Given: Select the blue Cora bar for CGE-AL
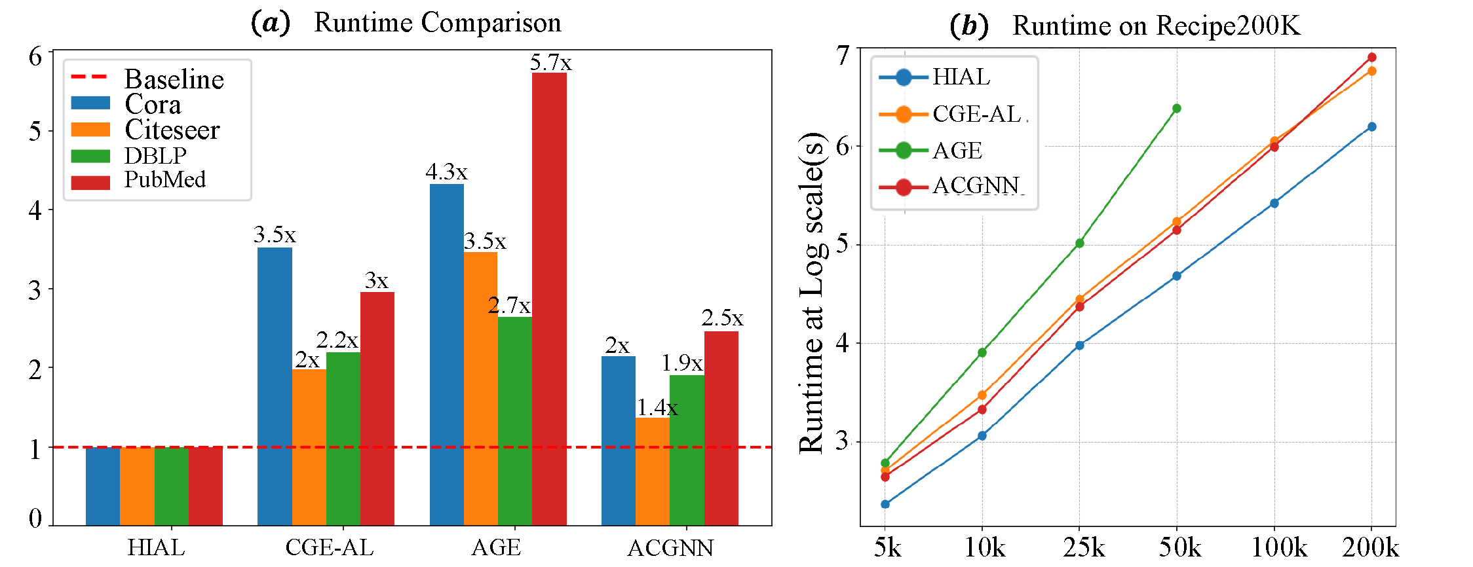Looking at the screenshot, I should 275,386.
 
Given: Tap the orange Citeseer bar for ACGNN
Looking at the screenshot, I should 653,471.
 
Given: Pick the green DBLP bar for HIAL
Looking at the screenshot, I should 172,486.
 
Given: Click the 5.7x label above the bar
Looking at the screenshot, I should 550,63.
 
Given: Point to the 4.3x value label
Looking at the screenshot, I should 446,172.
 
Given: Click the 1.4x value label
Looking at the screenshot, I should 657,408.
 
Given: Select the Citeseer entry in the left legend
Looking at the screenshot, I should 172,130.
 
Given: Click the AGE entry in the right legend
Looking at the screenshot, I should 957,151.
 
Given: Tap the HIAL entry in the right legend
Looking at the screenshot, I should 961,77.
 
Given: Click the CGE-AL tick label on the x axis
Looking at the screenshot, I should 330,547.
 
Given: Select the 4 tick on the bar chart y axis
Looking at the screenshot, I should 35,210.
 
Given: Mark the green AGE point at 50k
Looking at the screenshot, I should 1177,109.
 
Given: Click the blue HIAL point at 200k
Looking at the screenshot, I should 1371,127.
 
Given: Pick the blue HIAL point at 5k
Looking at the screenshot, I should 885,504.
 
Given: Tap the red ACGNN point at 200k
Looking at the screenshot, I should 1371,58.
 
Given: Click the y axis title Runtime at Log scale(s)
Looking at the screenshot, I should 811,293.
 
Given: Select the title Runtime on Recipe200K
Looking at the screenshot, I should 1156,26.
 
